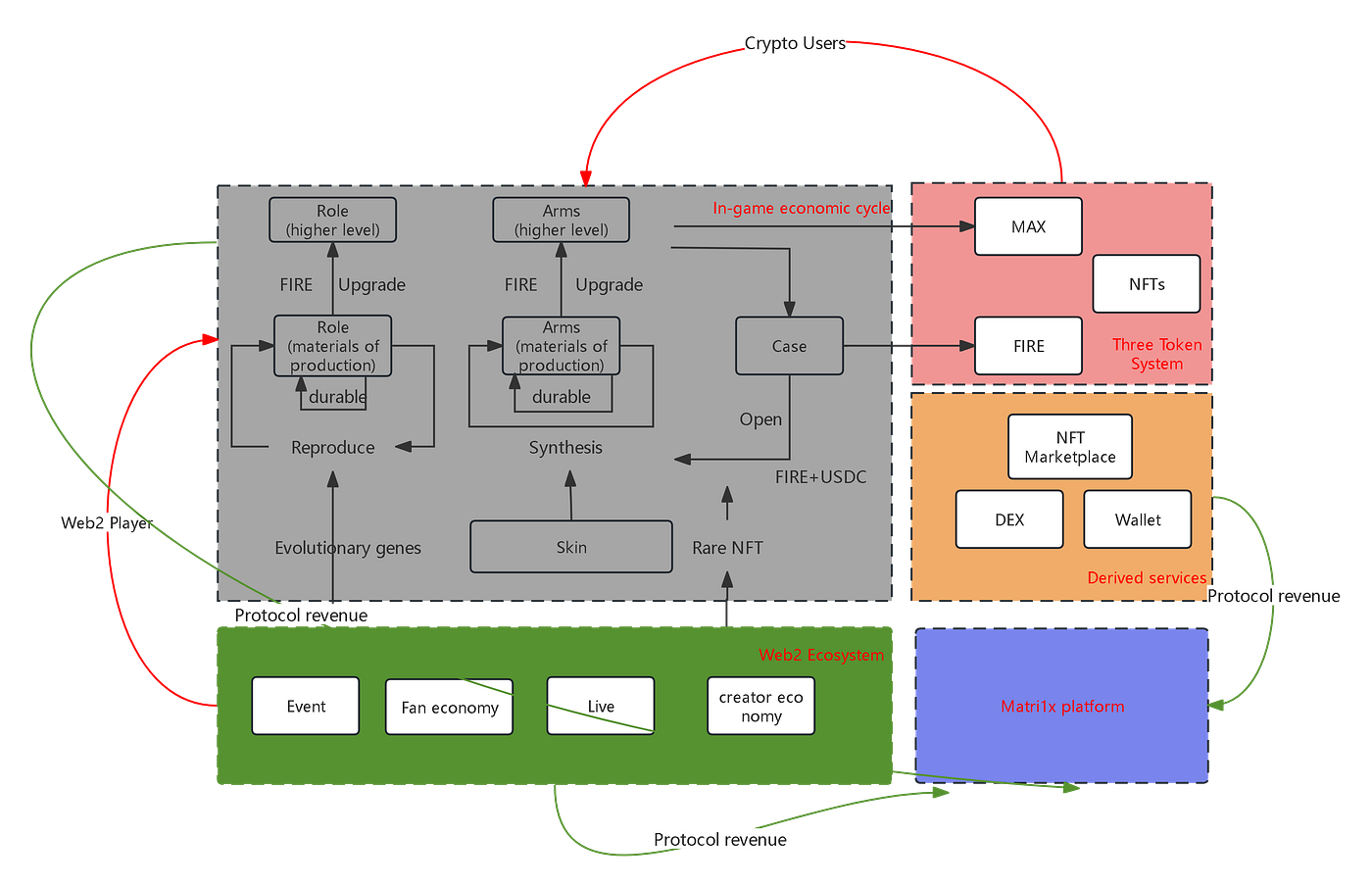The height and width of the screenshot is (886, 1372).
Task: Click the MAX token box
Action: coord(1028,226)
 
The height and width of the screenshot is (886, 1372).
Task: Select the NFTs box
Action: coord(1146,283)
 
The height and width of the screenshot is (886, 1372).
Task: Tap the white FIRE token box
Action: coord(1028,346)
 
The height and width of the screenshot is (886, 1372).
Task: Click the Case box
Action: coord(789,346)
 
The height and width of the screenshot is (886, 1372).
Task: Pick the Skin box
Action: coord(570,547)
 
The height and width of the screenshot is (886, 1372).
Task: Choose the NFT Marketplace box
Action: coord(1069,447)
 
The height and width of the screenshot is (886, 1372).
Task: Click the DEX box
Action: coord(1008,519)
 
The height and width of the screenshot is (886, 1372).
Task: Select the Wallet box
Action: coord(1138,519)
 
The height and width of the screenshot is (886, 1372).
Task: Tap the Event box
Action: coord(305,706)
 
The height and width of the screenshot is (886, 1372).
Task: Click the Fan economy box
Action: coord(449,707)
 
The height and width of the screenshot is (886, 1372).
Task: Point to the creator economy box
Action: coord(760,706)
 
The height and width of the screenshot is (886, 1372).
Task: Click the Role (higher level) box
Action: coord(332,220)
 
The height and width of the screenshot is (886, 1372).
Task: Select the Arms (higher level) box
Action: coord(561,220)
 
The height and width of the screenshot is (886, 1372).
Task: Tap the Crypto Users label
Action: coord(795,43)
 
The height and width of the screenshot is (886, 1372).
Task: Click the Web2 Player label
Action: coord(107,522)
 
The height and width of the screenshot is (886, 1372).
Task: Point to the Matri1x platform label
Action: coord(1062,707)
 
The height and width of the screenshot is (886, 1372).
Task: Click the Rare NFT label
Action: coord(727,547)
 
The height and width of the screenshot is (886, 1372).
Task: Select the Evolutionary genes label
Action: coord(347,547)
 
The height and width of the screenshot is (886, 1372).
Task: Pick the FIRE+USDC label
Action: coord(821,476)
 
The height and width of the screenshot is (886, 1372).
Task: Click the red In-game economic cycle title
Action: coord(801,209)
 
